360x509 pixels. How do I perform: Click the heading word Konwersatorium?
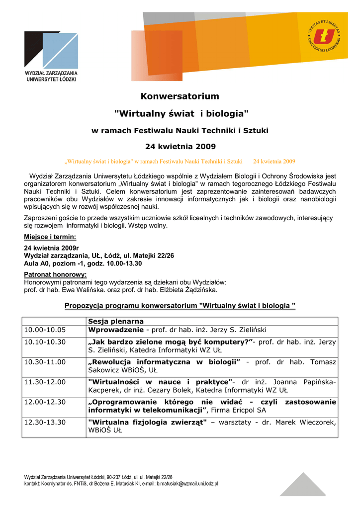[180, 96]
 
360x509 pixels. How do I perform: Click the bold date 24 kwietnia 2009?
[180, 147]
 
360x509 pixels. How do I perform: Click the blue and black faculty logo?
[51, 50]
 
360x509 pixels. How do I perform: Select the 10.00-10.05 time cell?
[45, 330]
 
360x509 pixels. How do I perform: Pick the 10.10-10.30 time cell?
[45, 342]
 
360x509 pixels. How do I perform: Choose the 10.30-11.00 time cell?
[45, 362]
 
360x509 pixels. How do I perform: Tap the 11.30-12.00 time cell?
[45, 382]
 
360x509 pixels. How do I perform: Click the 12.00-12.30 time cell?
[45, 402]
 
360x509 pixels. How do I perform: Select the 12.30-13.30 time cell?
[45, 422]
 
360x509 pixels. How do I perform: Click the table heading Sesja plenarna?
[116, 321]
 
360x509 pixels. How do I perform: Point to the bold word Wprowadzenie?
[116, 330]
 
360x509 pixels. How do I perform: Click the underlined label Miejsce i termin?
[50, 237]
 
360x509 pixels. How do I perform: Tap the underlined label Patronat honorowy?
[55, 274]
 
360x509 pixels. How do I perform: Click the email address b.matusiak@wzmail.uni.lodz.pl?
[187, 483]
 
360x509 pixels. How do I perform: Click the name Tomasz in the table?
[323, 362]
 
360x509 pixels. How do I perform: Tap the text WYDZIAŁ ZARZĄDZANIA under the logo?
[51, 73]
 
